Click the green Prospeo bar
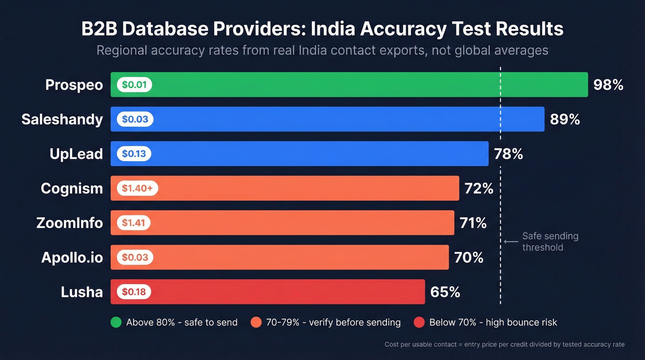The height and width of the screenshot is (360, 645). [x=350, y=85]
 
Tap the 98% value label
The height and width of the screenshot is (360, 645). [x=608, y=85]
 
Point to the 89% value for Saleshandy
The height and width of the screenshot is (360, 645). [x=565, y=119]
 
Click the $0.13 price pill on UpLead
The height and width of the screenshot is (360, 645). [x=134, y=154]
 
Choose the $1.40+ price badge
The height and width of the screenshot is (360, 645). [x=137, y=188]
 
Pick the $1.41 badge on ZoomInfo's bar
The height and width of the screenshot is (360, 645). [x=134, y=223]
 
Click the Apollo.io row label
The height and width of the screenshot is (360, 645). [x=72, y=257]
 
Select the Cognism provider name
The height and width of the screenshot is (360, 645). [x=71, y=188]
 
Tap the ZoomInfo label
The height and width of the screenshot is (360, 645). [x=70, y=223]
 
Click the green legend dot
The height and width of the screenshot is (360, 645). [x=116, y=322]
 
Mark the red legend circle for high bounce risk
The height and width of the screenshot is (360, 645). [x=419, y=322]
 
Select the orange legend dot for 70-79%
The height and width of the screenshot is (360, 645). [x=256, y=322]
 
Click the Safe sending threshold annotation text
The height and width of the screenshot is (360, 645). [x=550, y=242]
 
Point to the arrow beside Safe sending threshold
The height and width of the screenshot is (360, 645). [x=511, y=242]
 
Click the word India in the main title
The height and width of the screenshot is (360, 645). [x=333, y=29]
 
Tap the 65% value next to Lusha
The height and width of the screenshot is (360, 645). [x=445, y=292]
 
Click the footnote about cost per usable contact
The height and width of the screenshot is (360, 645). [x=504, y=344]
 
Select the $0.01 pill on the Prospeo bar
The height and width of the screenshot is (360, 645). [x=134, y=85]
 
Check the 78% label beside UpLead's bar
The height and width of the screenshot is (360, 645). [x=508, y=154]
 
